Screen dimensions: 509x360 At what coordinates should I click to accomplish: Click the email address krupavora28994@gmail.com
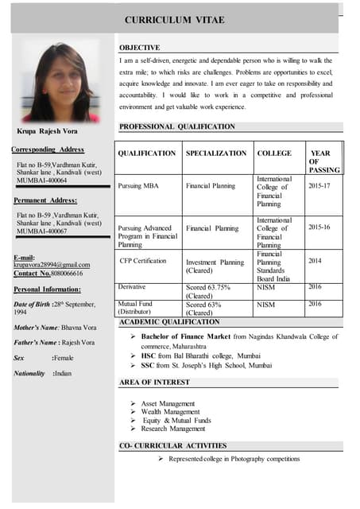pyautogui.click(x=52, y=264)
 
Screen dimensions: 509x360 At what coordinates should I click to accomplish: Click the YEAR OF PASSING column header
pyautogui.click(x=323, y=161)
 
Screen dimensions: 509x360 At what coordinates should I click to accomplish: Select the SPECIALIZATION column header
pyautogui.click(x=215, y=153)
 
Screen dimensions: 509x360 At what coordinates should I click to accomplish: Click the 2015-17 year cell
pyautogui.click(x=320, y=185)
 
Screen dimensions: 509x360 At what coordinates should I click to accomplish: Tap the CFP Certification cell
pyautogui.click(x=143, y=260)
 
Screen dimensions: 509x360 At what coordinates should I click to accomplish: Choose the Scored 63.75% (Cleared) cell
pyautogui.click(x=208, y=291)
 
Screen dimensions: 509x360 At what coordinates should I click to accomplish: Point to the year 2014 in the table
pyautogui.click(x=315, y=260)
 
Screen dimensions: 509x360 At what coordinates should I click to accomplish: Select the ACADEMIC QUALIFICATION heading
pyautogui.click(x=168, y=322)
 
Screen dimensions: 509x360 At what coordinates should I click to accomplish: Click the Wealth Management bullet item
pyautogui.click(x=170, y=412)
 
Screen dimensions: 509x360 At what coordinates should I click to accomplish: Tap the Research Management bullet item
pyautogui.click(x=172, y=429)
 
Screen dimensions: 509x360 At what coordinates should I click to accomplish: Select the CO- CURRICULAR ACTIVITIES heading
pyautogui.click(x=172, y=445)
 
